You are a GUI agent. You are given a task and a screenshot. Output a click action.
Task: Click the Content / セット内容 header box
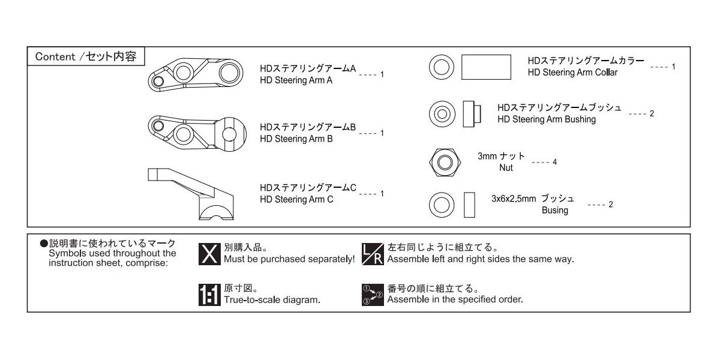[85, 56]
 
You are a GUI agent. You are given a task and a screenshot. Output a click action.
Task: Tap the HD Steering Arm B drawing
[198, 130]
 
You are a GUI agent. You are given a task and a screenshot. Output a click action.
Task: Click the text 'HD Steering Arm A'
[296, 80]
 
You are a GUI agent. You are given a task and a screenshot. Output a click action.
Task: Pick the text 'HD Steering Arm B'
[296, 139]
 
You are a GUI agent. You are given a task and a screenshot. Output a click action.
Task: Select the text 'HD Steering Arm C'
[296, 199]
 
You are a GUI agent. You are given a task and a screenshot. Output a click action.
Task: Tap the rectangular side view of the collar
[486, 67]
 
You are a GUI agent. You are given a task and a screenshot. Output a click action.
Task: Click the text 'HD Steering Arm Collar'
[572, 73]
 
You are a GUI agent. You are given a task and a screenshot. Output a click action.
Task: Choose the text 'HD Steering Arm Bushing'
[547, 119]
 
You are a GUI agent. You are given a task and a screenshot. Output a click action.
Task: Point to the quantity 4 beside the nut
[555, 163]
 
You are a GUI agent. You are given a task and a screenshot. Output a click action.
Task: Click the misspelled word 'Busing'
[554, 211]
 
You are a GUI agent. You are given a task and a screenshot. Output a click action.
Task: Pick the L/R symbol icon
[373, 254]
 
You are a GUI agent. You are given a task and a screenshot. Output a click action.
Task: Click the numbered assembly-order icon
[373, 294]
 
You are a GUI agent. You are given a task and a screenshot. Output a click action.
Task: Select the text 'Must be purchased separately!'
[289, 260]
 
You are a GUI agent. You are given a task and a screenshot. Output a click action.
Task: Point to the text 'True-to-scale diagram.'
[272, 299]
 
